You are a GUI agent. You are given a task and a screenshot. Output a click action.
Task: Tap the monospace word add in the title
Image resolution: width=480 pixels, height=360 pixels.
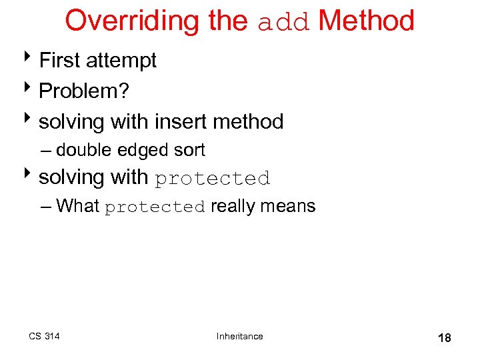pos(285,22)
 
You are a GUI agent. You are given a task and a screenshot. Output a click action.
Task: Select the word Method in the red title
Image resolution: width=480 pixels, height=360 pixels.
pos(366,21)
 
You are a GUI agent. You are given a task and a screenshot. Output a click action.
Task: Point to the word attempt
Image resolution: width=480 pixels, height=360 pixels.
pos(121,61)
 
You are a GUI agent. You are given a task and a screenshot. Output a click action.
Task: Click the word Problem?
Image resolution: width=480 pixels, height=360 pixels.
pos(82,91)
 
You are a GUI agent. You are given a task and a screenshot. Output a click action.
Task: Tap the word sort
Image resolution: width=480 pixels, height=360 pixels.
pos(189,151)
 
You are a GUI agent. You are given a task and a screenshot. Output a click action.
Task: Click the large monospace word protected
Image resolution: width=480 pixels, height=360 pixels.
pos(213,179)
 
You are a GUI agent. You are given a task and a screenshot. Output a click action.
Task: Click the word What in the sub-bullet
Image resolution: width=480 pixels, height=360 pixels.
pos(77,206)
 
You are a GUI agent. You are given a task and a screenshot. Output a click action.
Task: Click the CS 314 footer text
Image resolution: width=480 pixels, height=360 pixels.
pos(44,336)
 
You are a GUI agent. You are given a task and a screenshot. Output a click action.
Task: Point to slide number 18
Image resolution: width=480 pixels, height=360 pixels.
pos(444,338)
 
